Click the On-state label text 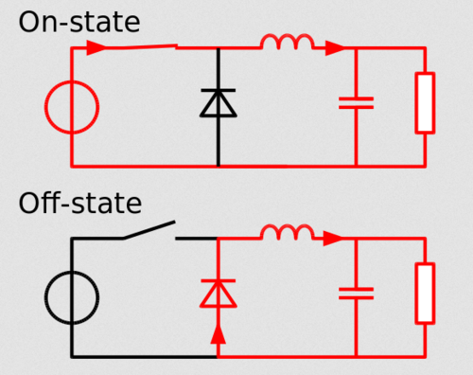[79, 22]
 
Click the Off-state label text [80, 203]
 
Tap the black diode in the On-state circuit [219, 103]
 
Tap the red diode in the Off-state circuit [219, 294]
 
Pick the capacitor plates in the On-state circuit [357, 103]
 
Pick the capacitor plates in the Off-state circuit [357, 294]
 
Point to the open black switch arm [149, 230]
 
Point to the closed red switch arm [141, 47]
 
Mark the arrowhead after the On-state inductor [335, 48]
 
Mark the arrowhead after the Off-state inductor [334, 239]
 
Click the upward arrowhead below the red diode [219, 334]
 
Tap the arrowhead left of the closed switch [96, 47]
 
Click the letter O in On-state [30, 23]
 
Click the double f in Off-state [52, 203]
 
